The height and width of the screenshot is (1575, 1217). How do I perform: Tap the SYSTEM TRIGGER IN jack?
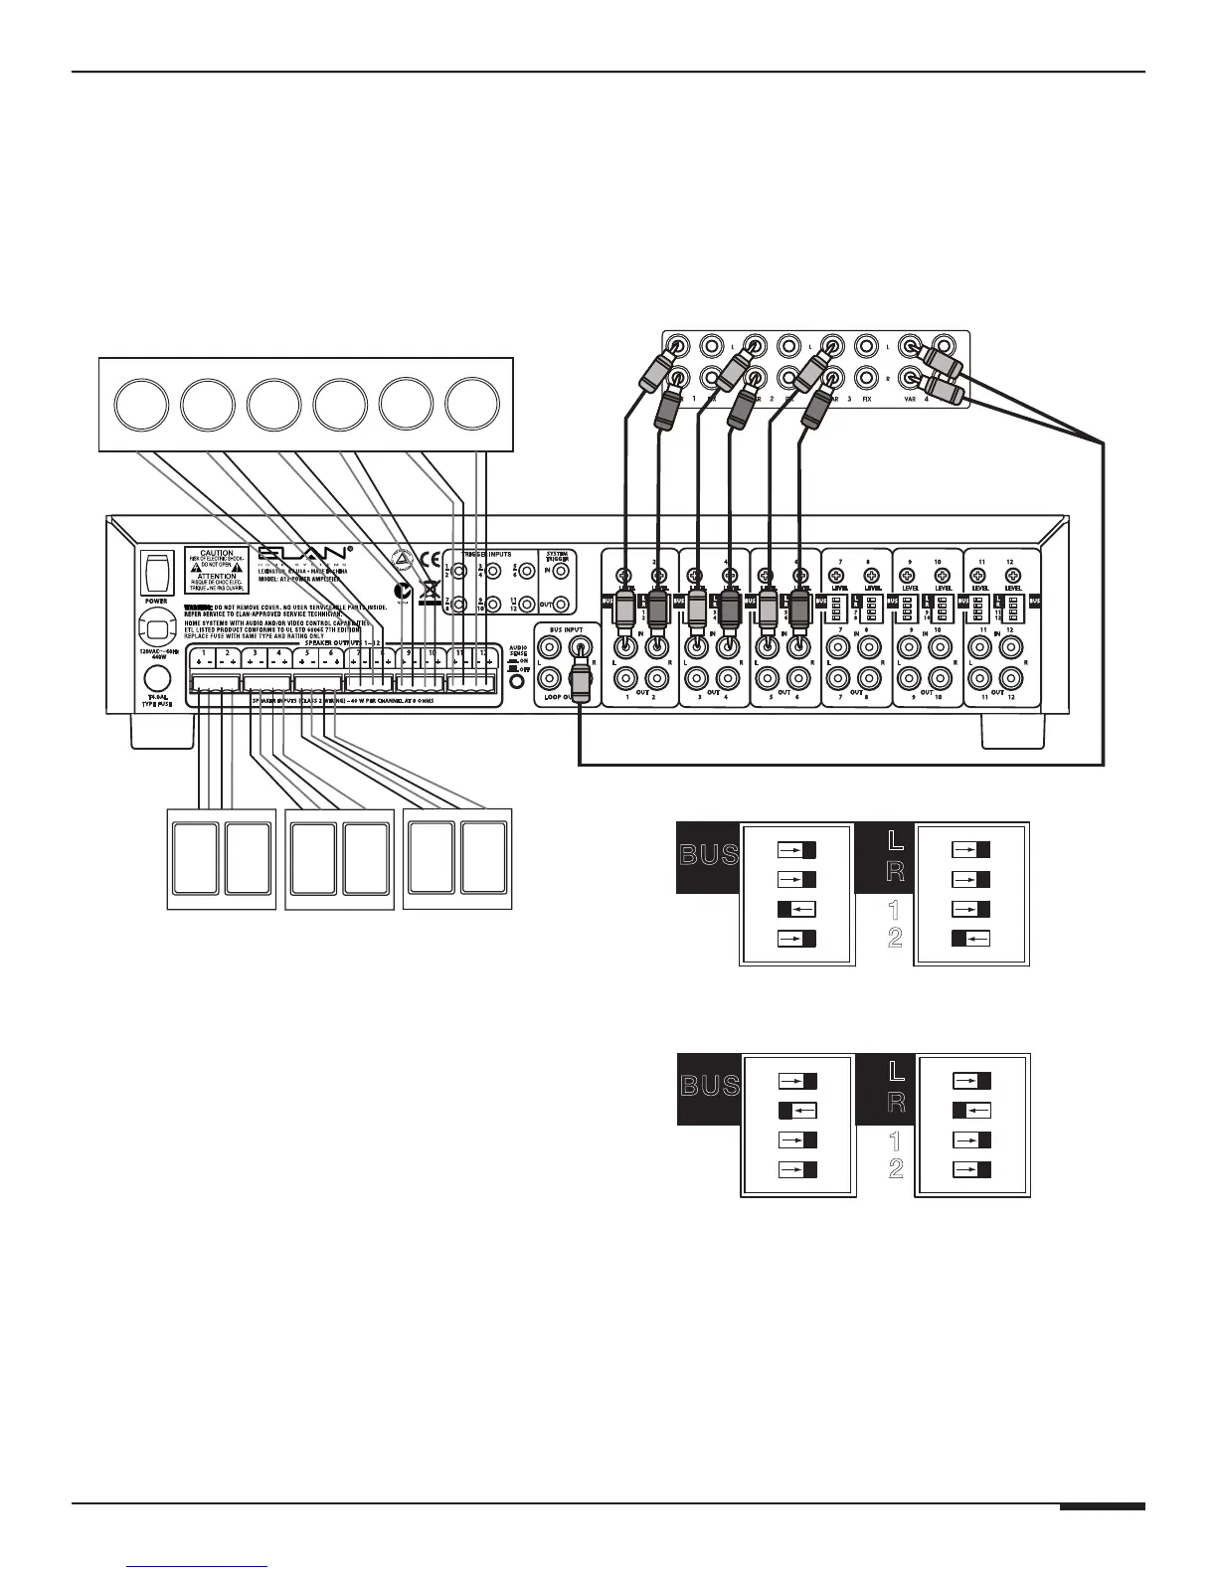coord(563,571)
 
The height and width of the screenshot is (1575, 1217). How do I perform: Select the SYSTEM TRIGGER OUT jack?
coord(563,604)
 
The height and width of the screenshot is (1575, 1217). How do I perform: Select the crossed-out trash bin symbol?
coord(431,588)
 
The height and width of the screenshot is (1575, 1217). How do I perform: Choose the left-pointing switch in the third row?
coord(797,909)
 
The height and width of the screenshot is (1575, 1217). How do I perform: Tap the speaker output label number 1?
coord(203,653)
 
